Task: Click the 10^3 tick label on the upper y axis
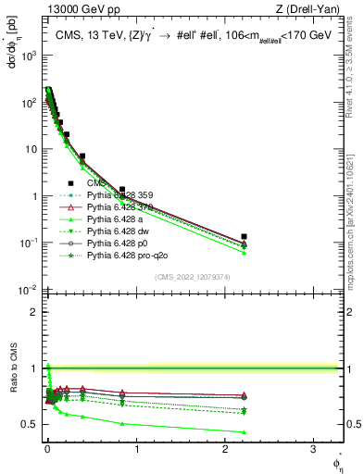coord(29,56)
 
